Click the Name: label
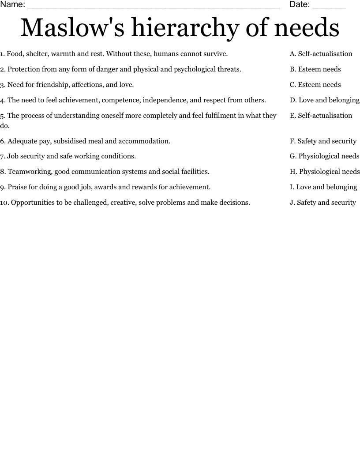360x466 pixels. [13, 4]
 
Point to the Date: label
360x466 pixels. [300, 4]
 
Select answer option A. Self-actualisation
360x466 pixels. [321, 54]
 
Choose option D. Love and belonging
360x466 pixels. [324, 100]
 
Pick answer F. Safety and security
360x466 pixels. [323, 141]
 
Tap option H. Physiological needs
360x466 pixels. [324, 172]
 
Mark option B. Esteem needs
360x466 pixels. [315, 69]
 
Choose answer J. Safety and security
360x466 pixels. [322, 203]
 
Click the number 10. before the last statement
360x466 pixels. [4, 203]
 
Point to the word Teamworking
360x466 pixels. [29, 172]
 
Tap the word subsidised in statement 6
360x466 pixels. [69, 141]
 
